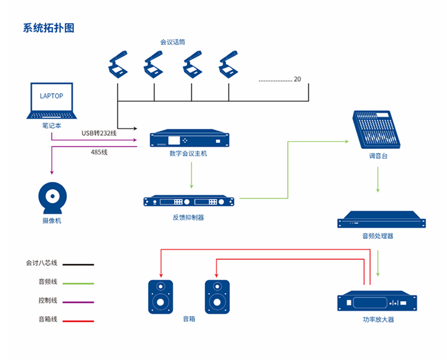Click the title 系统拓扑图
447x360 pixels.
[49, 28]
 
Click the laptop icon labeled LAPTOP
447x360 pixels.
[52, 101]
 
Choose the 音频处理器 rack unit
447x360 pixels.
[381, 220]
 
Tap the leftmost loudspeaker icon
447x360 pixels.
[161, 296]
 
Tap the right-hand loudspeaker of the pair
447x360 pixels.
[217, 296]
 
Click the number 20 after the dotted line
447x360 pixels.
[297, 79]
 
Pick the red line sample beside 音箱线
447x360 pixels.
[79, 321]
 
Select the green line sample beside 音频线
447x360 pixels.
[79, 283]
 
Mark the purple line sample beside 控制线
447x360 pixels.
[79, 302]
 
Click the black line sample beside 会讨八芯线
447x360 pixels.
[79, 264]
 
